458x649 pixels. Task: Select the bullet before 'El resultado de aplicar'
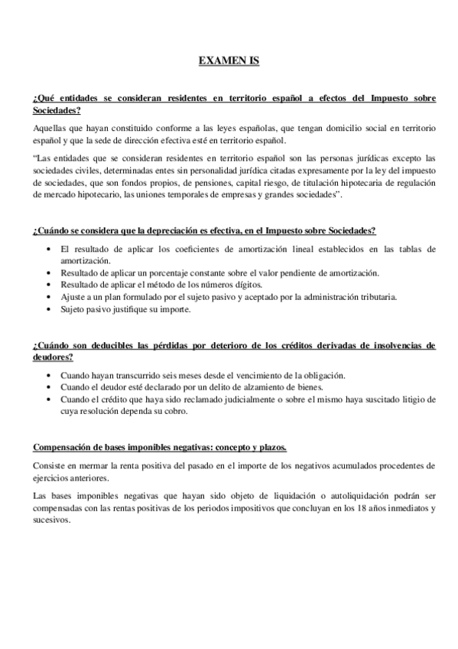[50, 249]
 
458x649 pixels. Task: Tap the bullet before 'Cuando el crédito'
[50, 399]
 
